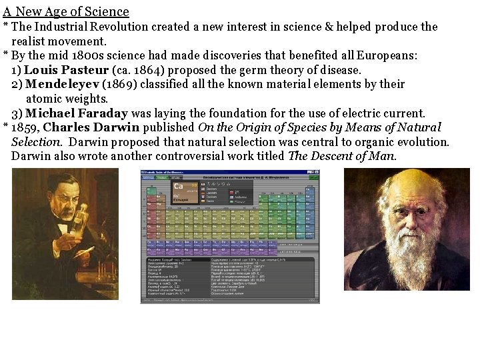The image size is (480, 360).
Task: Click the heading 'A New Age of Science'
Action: tap(66, 11)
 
